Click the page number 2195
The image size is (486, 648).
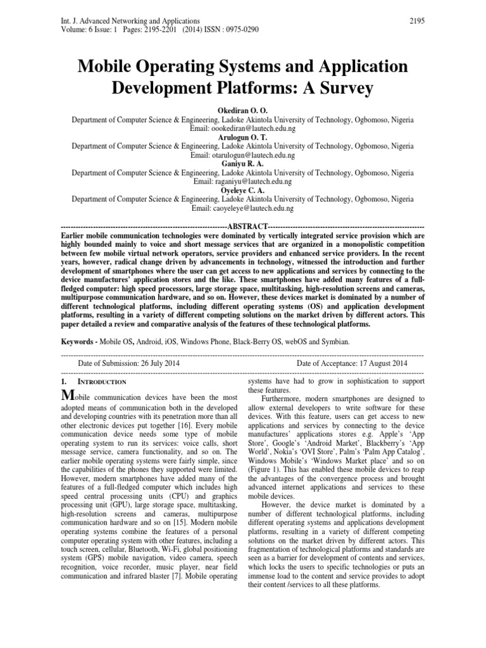click(417, 21)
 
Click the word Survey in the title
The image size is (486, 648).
click(340, 89)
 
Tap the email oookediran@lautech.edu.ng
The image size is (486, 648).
click(243, 128)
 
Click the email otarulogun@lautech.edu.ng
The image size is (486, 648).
click(243, 154)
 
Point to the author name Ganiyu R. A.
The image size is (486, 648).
click(243, 163)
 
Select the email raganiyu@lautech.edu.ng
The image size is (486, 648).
click(243, 181)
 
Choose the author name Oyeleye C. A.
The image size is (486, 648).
click(243, 190)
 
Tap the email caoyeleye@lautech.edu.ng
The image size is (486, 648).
click(243, 208)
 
